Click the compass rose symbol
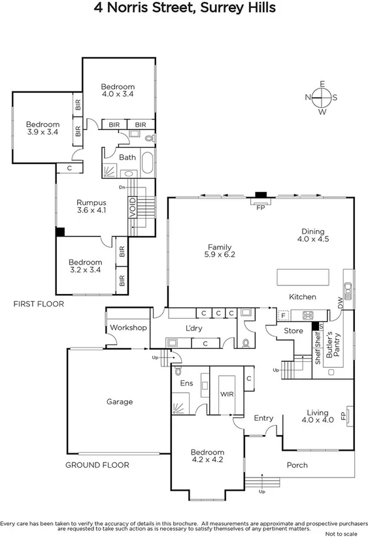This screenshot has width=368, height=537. [322, 98]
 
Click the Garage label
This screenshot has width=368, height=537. [120, 402]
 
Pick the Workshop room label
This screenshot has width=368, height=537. [127, 327]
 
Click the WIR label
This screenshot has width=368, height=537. [227, 395]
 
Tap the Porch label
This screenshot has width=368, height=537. [297, 465]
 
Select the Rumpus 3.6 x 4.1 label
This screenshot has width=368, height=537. [92, 206]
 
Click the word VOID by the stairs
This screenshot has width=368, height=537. [133, 208]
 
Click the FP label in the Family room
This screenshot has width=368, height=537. [260, 208]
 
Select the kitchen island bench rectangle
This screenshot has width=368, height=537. [303, 277]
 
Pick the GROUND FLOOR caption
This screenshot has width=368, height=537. [97, 465]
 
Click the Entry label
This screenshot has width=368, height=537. [263, 418]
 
